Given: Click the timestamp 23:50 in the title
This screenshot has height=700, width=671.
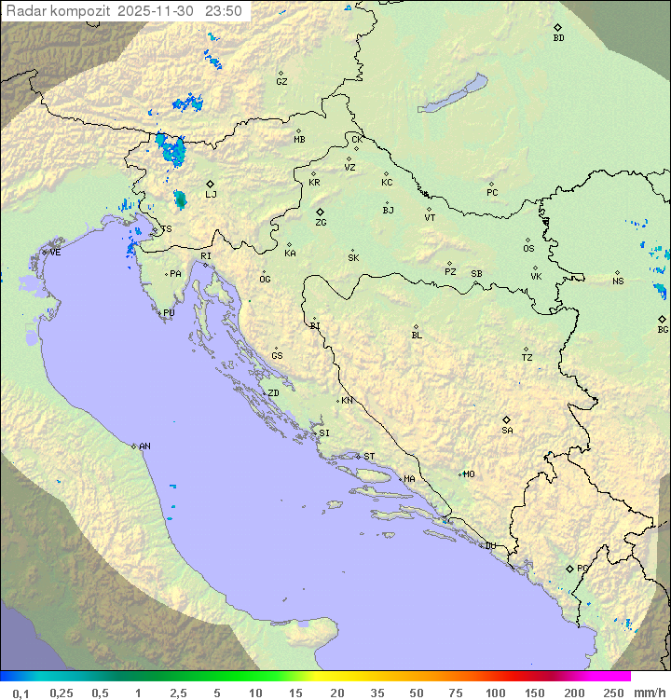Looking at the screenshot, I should (x=225, y=11).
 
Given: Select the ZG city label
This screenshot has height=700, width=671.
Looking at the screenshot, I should (x=321, y=223).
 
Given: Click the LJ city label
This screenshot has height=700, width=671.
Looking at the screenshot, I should (x=211, y=195).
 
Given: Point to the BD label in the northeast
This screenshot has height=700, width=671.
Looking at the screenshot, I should (x=558, y=38).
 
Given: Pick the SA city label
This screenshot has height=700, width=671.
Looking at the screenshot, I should (x=507, y=431).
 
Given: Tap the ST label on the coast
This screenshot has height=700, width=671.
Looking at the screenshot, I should (x=369, y=457).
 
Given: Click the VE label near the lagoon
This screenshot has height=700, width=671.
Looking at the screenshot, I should (x=55, y=253).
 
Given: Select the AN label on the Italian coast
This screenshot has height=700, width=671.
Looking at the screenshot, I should (x=144, y=446).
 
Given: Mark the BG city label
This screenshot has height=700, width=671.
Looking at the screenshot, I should (x=663, y=330).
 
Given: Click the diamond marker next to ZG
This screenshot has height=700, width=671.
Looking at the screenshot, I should (x=320, y=213).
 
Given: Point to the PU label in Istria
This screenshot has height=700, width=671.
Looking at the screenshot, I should (x=169, y=313).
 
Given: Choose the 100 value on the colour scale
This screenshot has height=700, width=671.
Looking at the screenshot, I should (x=495, y=693).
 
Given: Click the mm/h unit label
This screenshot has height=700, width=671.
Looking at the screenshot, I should (x=649, y=693).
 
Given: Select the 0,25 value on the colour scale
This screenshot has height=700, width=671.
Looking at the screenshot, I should (x=62, y=693).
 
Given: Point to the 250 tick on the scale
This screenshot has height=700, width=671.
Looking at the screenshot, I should (x=613, y=693).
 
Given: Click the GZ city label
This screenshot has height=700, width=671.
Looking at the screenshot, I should (x=281, y=82).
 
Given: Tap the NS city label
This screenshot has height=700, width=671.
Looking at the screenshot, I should (x=618, y=281).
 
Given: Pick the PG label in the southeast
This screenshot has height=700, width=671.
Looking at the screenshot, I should (x=582, y=569).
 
